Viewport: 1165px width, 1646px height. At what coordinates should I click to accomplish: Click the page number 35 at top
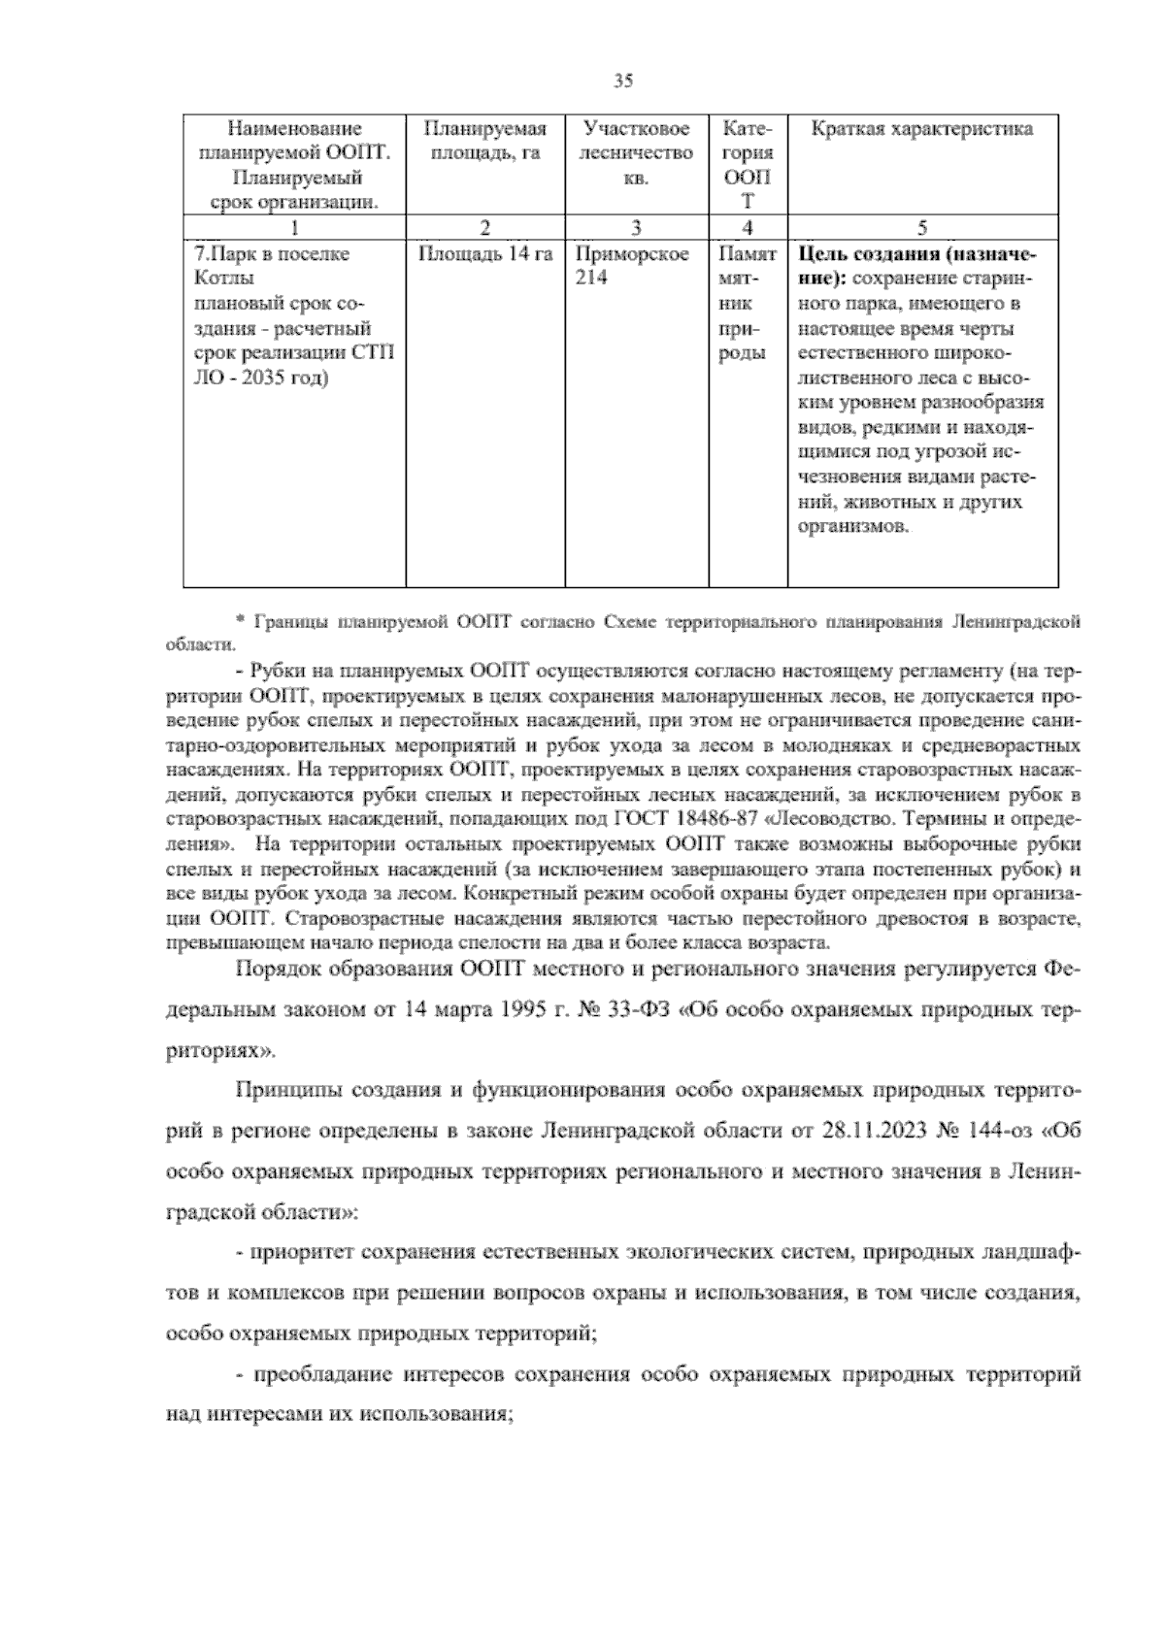[x=623, y=82]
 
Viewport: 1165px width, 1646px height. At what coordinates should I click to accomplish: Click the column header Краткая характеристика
[x=921, y=129]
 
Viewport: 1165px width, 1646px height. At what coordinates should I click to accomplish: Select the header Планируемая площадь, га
[x=484, y=141]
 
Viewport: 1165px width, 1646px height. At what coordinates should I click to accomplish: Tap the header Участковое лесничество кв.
[x=636, y=153]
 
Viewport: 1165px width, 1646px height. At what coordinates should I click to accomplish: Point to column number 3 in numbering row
[x=636, y=229]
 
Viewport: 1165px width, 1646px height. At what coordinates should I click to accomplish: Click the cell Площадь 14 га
[x=484, y=254]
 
